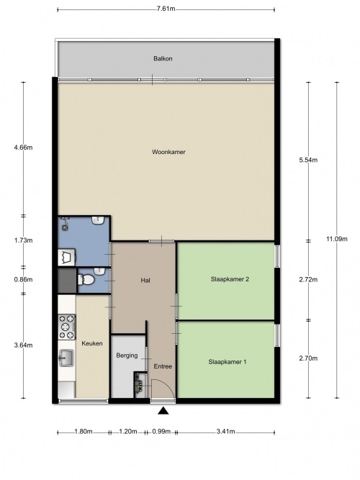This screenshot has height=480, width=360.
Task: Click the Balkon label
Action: [163, 58]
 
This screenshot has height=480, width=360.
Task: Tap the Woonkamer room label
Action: [168, 152]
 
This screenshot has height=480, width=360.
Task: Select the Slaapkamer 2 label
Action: [230, 279]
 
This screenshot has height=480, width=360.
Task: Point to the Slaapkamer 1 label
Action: [228, 362]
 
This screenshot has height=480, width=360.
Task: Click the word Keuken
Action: [92, 343]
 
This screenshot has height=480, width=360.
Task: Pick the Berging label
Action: [127, 356]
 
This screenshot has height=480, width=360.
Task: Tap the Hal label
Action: [145, 280]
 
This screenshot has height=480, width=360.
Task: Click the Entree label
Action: [163, 366]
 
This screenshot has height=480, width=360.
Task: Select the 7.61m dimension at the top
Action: [166, 9]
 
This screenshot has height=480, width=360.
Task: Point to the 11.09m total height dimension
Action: [337, 239]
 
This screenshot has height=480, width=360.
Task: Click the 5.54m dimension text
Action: [308, 160]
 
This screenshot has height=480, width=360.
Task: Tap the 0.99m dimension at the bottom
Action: [161, 432]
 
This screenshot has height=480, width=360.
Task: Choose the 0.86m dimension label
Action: [23, 279]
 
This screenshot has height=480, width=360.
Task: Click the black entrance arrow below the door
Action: [163, 410]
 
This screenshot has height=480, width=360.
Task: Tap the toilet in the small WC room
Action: [87, 279]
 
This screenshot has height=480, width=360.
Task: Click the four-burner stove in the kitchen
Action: [67, 327]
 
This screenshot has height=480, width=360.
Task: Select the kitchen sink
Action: [66, 358]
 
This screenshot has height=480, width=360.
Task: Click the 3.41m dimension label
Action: [225, 432]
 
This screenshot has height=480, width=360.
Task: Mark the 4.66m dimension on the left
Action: [23, 148]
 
